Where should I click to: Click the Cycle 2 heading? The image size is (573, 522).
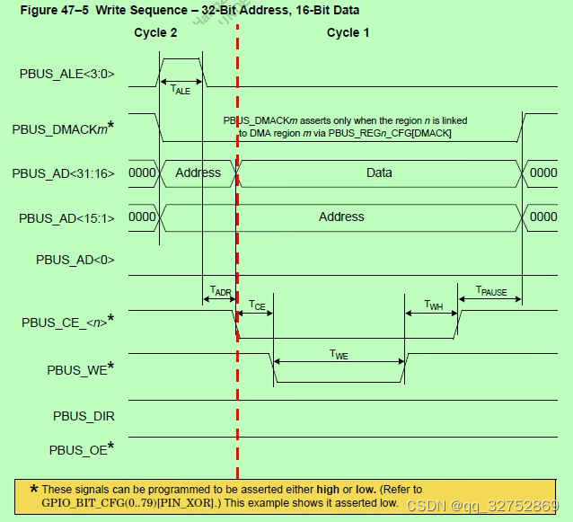point(155,33)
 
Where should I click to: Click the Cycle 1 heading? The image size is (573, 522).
point(348,33)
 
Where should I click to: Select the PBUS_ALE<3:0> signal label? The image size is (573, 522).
point(66,75)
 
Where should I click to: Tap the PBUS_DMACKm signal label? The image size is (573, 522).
point(63,129)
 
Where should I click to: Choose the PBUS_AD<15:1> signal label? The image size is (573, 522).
point(67,217)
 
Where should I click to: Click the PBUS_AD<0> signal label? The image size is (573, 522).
point(75,260)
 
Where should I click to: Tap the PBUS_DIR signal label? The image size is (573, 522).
point(84,416)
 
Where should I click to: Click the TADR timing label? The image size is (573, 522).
point(220,292)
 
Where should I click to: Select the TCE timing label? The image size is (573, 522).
point(256,305)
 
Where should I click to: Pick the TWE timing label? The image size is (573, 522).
point(339,355)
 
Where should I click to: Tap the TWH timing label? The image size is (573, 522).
point(433,305)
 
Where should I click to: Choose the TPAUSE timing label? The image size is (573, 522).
point(490,292)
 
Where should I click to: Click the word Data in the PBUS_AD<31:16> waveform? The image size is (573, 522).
point(379,173)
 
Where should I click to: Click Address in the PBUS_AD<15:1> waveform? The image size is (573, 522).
point(341,217)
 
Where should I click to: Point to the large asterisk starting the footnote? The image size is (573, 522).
point(34,490)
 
